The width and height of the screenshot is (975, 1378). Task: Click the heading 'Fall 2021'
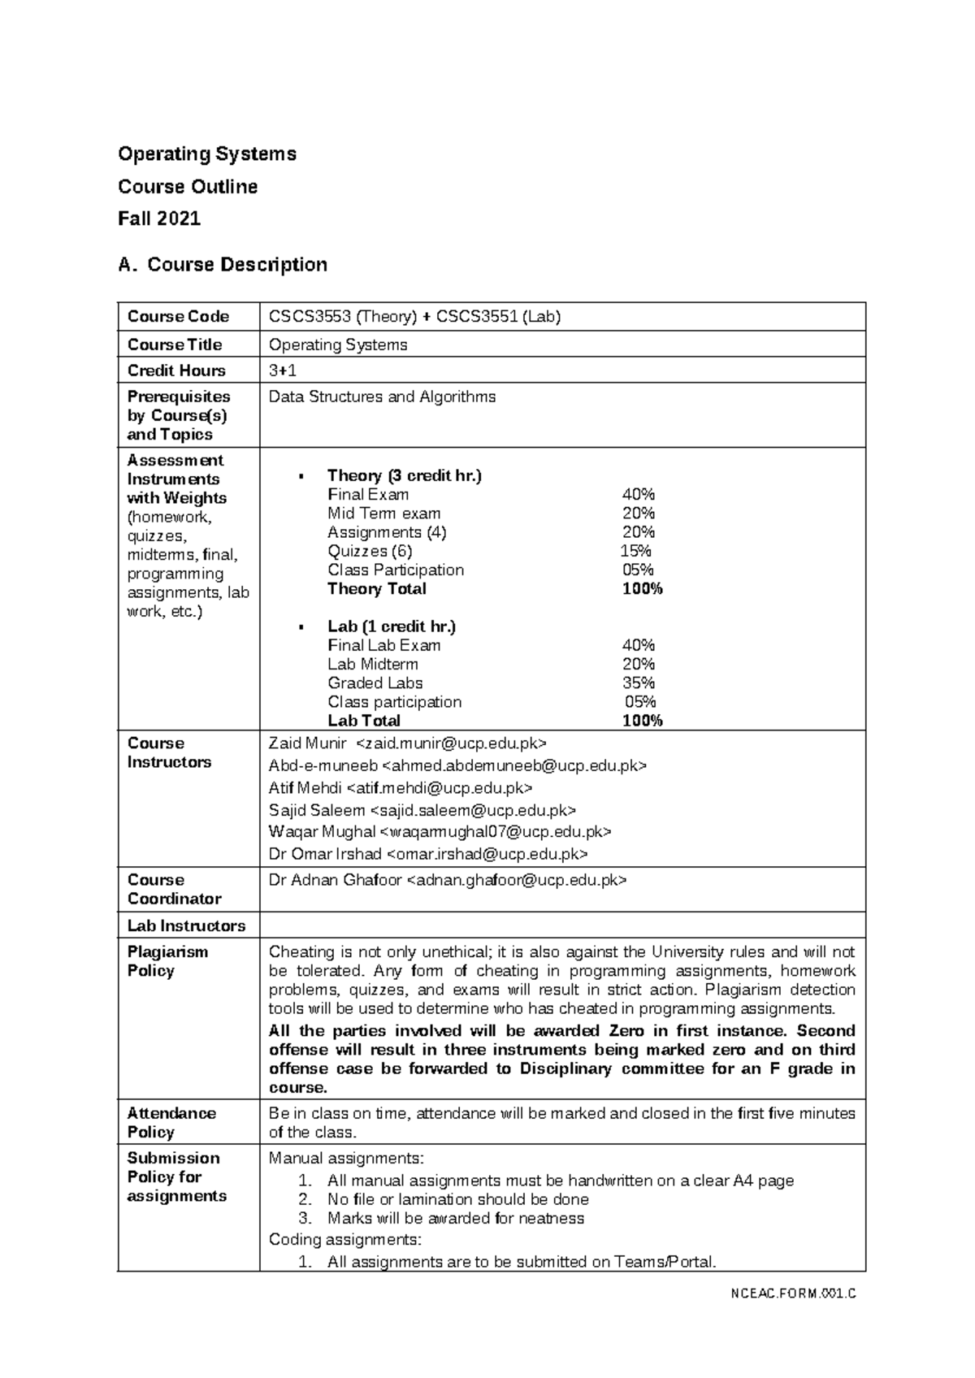point(159,219)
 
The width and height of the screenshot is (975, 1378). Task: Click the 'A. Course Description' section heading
point(223,265)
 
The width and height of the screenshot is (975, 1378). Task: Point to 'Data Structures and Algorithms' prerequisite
point(382,397)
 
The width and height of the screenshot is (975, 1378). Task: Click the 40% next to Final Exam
point(638,495)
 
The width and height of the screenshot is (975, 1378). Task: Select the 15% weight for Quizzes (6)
point(636,552)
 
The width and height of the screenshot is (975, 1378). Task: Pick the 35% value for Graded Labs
point(638,683)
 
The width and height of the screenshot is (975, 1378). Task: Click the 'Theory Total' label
point(376,589)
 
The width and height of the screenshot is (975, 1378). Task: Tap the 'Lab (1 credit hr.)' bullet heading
point(391,626)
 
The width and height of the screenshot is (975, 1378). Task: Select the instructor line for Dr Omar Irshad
point(428,854)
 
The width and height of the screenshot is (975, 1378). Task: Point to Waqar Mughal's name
point(322,832)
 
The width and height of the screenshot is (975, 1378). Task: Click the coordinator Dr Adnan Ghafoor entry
point(448,880)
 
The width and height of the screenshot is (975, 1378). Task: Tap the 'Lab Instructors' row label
point(186,926)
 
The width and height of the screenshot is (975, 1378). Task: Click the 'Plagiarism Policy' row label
point(167,961)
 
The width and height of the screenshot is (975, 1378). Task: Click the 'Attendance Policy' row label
point(171,1123)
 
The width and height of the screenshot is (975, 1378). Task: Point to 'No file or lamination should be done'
point(457,1199)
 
